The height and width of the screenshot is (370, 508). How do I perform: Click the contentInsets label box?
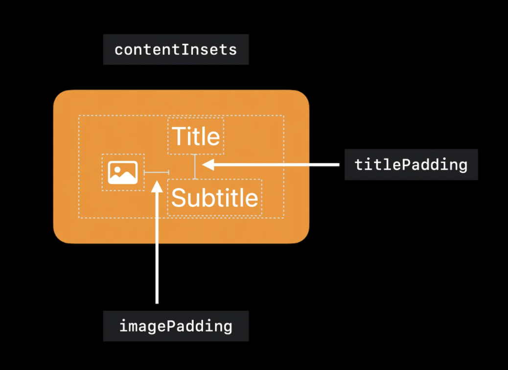pyautogui.click(x=176, y=49)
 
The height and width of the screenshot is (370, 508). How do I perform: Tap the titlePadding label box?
pyautogui.click(x=411, y=164)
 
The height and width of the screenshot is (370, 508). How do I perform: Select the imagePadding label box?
pyautogui.click(x=176, y=326)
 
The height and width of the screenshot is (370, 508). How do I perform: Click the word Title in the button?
pyautogui.click(x=196, y=136)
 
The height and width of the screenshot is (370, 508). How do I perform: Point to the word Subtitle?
pyautogui.click(x=214, y=197)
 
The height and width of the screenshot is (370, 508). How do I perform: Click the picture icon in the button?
pyautogui.click(x=123, y=172)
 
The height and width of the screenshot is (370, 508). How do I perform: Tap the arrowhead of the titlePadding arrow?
pyautogui.click(x=208, y=164)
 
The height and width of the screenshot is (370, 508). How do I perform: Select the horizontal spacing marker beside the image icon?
pyautogui.click(x=157, y=172)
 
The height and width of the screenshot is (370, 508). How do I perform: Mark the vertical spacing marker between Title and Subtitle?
pyautogui.click(x=195, y=166)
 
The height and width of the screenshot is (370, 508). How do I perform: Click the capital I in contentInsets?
pyautogui.click(x=185, y=49)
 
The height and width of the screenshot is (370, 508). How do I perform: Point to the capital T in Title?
pyautogui.click(x=178, y=136)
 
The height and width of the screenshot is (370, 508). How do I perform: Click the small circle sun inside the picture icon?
pyautogui.click(x=117, y=169)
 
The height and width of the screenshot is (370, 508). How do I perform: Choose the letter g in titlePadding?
pyautogui.click(x=463, y=166)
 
